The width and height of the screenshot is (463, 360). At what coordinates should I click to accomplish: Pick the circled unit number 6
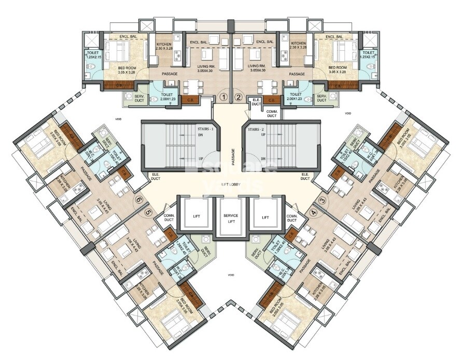click(x=139, y=200)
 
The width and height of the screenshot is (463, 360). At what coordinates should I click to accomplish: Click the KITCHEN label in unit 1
click(x=164, y=45)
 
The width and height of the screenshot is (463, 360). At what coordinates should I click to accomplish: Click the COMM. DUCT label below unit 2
click(x=272, y=113)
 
